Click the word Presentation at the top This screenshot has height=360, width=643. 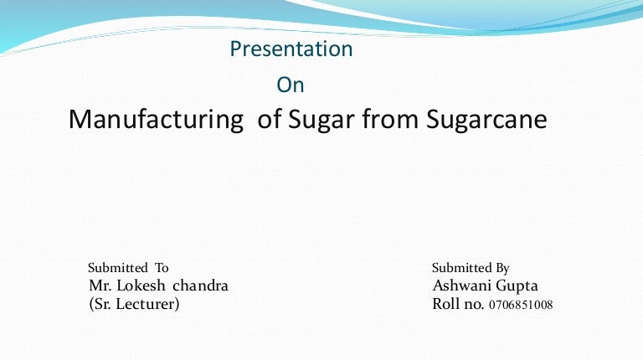pyautogui.click(x=291, y=49)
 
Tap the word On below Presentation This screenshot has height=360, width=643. pyautogui.click(x=290, y=85)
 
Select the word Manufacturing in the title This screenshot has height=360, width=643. pyautogui.click(x=153, y=120)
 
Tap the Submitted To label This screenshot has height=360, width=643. pyautogui.click(x=128, y=268)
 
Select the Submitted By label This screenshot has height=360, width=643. pyautogui.click(x=471, y=268)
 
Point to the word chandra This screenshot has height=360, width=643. pyautogui.click(x=200, y=285)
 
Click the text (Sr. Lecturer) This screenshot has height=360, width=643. pyautogui.click(x=134, y=304)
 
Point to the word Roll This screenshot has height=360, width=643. pyautogui.click(x=446, y=304)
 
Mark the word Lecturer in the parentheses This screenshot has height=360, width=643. pyautogui.click(x=148, y=304)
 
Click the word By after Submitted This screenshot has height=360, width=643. pyautogui.click(x=502, y=268)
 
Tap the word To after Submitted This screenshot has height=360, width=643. pyautogui.click(x=161, y=268)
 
